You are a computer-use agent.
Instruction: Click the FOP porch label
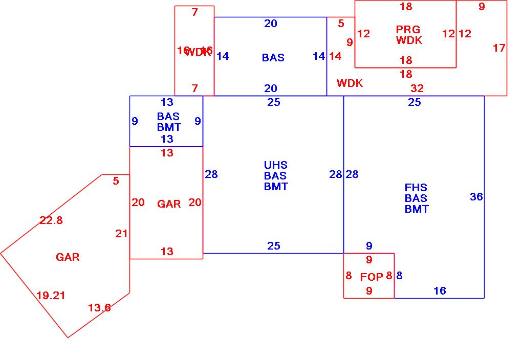pos(372,277)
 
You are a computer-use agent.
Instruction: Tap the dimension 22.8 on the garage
pos(51,220)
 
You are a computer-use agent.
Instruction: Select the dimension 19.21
pos(51,295)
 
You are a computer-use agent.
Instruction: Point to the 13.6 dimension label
pos(99,308)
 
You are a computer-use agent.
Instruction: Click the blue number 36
pos(476,197)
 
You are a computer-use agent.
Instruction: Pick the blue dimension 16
pos(440,291)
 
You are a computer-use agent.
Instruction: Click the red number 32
pos(417,88)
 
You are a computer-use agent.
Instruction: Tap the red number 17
pos(499,48)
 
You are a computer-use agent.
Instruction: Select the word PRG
pos(408,30)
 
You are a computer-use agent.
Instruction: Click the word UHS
pos(276,165)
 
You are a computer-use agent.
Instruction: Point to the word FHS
pos(416,188)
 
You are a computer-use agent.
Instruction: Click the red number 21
pos(121,234)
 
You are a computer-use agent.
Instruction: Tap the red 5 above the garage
pos(116,181)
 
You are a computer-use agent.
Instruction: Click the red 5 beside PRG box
pos(341,23)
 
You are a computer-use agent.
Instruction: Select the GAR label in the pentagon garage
pos(68,257)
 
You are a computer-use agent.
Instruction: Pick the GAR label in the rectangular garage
pos(169,204)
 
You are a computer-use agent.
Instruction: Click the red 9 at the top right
pos(482,7)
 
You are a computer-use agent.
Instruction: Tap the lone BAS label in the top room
pos(273,58)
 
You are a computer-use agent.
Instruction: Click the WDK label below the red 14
pos(350,83)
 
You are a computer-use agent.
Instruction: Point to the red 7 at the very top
pos(194,12)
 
